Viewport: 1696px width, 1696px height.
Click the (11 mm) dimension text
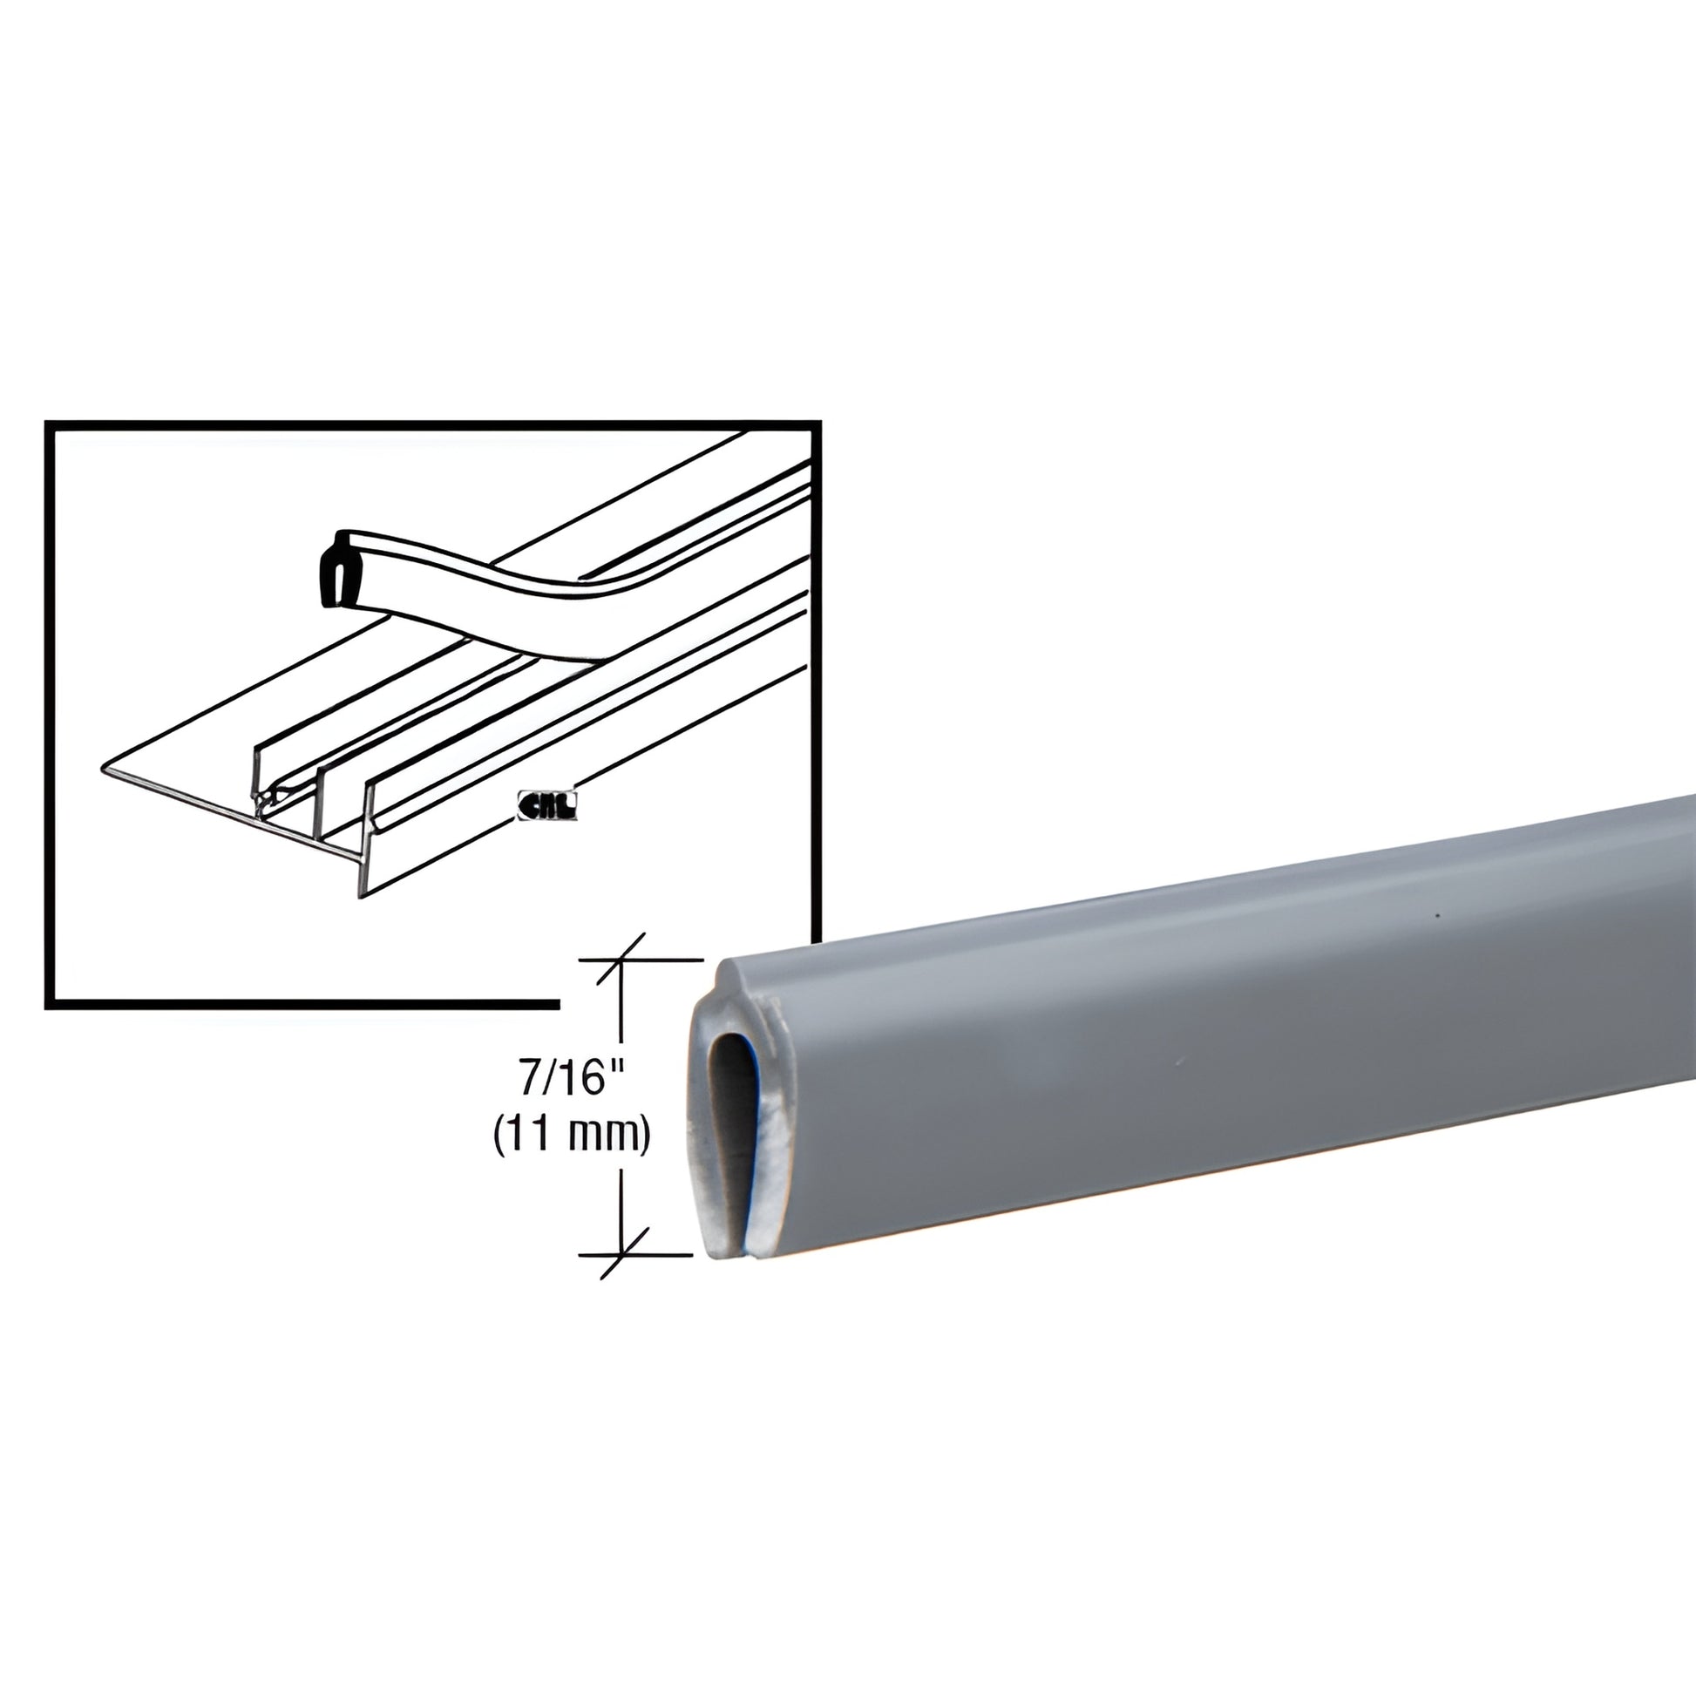pos(572,1136)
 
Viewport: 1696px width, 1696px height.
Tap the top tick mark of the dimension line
pos(621,960)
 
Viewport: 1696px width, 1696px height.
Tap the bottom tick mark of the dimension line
pos(621,1254)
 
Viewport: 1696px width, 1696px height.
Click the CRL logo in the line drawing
pos(548,806)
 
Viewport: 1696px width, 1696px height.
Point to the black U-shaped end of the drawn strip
pos(333,570)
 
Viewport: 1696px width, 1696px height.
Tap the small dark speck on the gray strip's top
pos(1437,918)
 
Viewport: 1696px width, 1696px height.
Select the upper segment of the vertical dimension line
pos(621,1009)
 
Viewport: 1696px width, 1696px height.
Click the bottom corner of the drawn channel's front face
pos(361,896)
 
